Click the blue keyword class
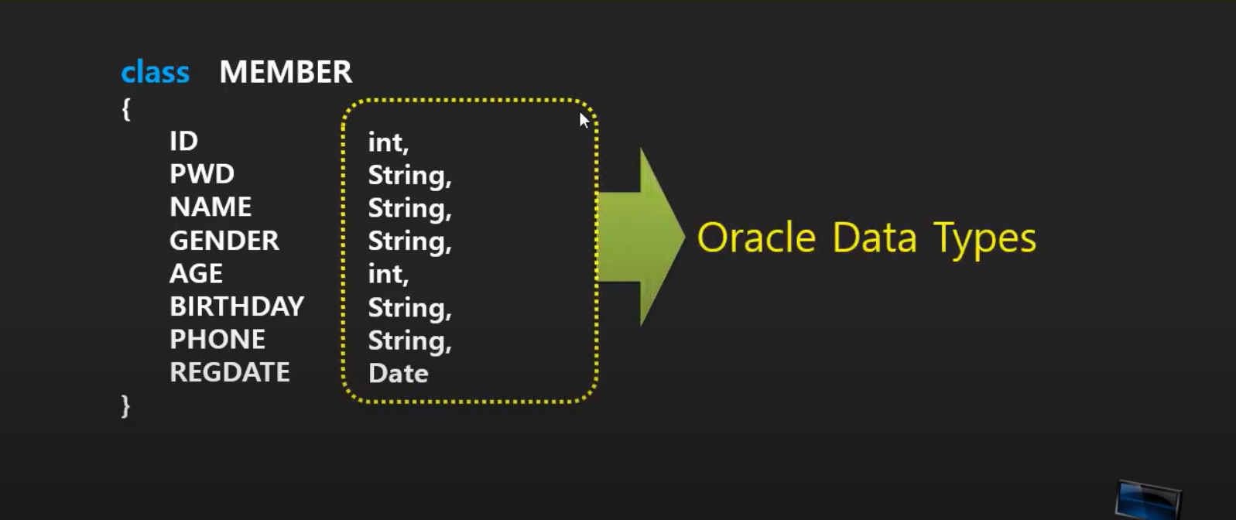click(155, 72)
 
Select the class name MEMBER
click(286, 72)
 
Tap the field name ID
click(183, 141)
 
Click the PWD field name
click(201, 174)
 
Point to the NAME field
click(211, 207)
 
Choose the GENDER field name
click(224, 241)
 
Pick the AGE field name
click(196, 273)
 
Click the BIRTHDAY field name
click(236, 306)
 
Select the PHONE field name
click(217, 339)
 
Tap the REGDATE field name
click(229, 372)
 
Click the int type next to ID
click(387, 142)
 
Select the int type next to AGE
click(387, 274)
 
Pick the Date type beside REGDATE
click(398, 374)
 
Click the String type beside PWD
click(409, 176)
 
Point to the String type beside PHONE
click(409, 340)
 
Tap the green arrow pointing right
click(642, 237)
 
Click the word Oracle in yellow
click(756, 238)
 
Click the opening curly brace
click(126, 109)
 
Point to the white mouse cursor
click(584, 119)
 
